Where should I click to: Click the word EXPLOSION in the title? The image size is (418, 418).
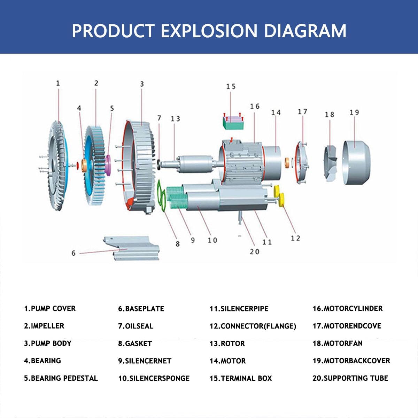tap(209, 31)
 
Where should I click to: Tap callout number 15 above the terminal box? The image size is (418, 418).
tap(231, 86)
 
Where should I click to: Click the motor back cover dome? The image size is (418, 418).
tap(355, 162)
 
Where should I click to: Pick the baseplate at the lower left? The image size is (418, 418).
tap(132, 248)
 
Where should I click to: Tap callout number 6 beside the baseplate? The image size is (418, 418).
tap(73, 253)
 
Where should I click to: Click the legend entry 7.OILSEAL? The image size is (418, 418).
tap(136, 326)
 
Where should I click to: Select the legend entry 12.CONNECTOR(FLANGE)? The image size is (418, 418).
tap(253, 326)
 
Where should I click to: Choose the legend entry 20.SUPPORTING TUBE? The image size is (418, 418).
tap(350, 378)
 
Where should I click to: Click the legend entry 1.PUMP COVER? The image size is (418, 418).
tap(49, 309)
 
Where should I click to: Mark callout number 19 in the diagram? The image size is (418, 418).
tap(354, 113)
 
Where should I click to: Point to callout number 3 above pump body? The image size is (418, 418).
tap(142, 84)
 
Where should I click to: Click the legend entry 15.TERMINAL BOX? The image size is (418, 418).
tap(240, 378)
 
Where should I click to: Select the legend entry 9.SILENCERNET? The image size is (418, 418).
tap(145, 361)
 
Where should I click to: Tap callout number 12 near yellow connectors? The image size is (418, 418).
tap(295, 238)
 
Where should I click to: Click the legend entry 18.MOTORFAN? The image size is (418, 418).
tap(337, 343)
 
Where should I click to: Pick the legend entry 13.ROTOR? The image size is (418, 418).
tap(227, 343)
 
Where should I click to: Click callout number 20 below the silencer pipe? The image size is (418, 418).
tap(255, 251)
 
